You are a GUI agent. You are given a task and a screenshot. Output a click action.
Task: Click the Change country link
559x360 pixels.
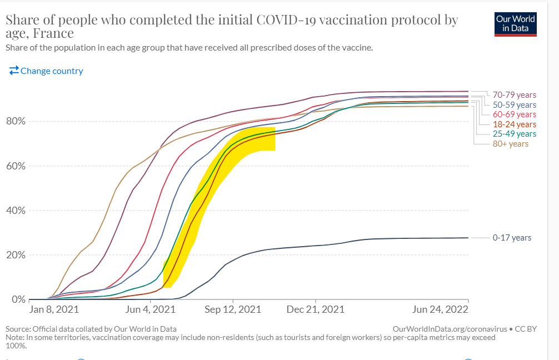click(46, 71)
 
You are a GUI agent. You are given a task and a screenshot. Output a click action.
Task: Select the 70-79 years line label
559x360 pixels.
click(514, 95)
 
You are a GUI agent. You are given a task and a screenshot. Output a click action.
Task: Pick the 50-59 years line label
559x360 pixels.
click(514, 104)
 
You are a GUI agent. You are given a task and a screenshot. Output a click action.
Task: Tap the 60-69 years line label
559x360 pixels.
click(514, 114)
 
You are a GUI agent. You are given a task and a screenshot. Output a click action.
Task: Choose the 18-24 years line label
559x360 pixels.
click(514, 124)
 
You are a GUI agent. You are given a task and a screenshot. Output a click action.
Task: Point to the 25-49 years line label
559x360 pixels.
click(514, 134)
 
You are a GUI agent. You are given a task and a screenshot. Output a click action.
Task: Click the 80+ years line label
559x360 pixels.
click(510, 144)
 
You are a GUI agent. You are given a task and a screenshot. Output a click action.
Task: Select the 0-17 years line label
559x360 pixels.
click(512, 238)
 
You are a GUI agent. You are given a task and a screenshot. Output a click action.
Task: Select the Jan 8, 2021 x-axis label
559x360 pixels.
click(54, 309)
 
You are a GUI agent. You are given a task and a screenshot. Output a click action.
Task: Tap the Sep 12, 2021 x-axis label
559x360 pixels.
click(233, 309)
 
